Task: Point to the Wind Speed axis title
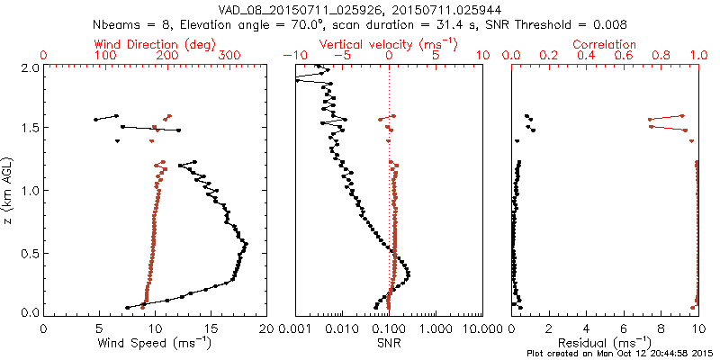(x=155, y=343)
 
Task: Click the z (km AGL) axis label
(x=8, y=190)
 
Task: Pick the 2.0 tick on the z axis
(x=29, y=67)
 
